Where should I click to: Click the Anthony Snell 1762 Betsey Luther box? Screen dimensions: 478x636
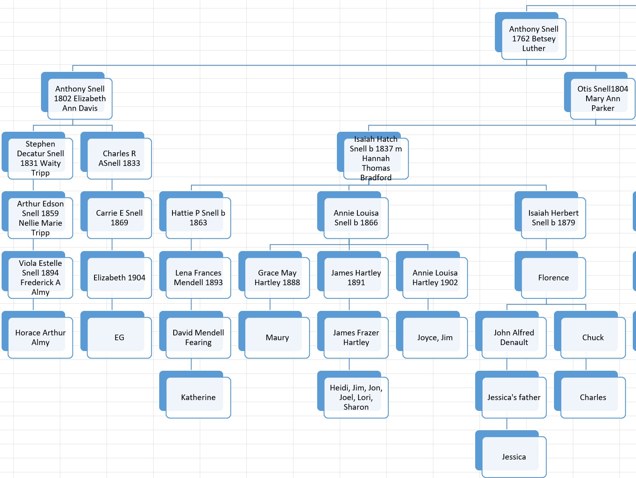(533, 39)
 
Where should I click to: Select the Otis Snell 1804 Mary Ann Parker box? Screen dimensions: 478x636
(602, 98)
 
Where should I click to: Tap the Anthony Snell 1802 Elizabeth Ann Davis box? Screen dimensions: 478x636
(80, 98)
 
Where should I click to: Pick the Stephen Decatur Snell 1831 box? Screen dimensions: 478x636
(40, 158)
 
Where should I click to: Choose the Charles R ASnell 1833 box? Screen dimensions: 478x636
(119, 158)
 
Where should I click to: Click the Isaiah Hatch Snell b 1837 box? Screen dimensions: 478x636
(375, 158)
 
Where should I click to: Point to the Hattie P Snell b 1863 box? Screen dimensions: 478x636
(198, 218)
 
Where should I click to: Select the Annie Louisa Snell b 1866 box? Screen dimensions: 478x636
(356, 218)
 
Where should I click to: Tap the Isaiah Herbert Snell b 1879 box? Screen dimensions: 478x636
(553, 218)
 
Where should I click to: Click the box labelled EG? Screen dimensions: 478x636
(119, 337)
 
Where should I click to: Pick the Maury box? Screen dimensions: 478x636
(277, 337)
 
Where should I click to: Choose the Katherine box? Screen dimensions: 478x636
(198, 397)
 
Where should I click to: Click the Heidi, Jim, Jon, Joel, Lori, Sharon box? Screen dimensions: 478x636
(356, 397)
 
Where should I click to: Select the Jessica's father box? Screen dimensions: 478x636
(514, 397)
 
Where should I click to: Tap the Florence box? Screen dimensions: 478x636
(553, 278)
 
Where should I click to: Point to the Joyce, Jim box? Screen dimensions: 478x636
(435, 337)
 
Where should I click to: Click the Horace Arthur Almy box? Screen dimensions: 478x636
(40, 337)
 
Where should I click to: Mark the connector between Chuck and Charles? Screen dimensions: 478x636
(586, 364)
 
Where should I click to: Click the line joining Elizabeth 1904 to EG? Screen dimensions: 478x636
(112, 304)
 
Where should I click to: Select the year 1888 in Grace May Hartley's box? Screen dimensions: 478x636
(291, 282)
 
